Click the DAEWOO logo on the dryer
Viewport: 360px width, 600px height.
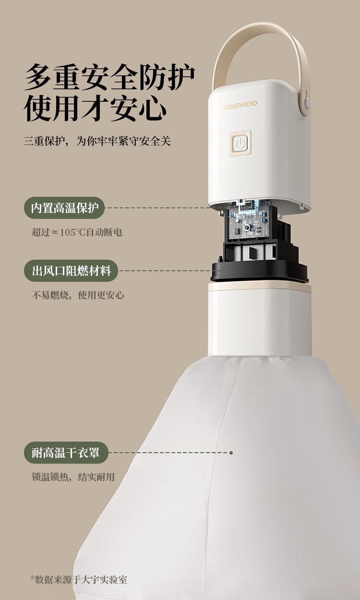(x=241, y=105)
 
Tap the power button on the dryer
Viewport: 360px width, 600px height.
(x=240, y=144)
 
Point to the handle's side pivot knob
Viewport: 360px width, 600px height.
(x=307, y=102)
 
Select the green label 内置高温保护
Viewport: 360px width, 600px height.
(x=64, y=208)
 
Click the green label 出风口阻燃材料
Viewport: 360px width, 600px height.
(x=71, y=271)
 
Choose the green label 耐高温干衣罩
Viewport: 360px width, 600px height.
(x=66, y=453)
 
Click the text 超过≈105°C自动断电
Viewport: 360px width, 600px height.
(x=77, y=232)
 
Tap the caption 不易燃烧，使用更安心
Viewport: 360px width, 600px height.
(x=78, y=295)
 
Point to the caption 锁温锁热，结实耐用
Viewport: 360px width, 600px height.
(x=73, y=477)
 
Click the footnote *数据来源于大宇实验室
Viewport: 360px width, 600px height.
(x=79, y=580)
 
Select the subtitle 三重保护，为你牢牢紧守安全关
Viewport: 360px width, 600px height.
(x=97, y=141)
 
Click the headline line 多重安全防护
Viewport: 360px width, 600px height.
(x=109, y=77)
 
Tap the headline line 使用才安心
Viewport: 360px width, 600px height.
(x=95, y=108)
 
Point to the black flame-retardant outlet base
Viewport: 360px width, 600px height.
(x=259, y=272)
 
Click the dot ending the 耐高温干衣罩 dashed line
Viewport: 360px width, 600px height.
(x=231, y=453)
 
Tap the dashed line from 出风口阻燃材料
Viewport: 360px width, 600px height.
(x=176, y=271)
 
